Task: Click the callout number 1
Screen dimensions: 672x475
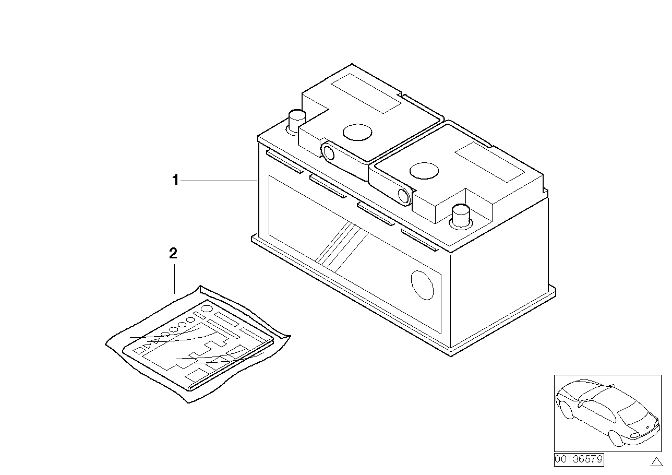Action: pyautogui.click(x=175, y=180)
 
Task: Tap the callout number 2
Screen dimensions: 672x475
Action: pyautogui.click(x=173, y=254)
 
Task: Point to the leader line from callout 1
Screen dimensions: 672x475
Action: pyautogui.click(x=219, y=181)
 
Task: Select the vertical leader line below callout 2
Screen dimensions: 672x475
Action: pyautogui.click(x=174, y=279)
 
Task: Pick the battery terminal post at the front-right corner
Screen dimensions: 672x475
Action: pyautogui.click(x=461, y=217)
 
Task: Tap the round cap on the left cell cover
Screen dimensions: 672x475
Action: pyautogui.click(x=357, y=132)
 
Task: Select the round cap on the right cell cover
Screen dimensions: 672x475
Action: pyautogui.click(x=424, y=171)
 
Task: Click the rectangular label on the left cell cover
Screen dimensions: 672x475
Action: pyautogui.click(x=366, y=93)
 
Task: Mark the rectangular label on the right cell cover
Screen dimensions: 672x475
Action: pyautogui.click(x=489, y=162)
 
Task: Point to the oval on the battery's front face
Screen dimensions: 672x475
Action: pyautogui.click(x=422, y=285)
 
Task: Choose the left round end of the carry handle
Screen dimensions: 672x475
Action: pyautogui.click(x=328, y=153)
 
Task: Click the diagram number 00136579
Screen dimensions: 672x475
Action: pyautogui.click(x=579, y=459)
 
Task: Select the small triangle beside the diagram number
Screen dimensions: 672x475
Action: pyautogui.click(x=656, y=461)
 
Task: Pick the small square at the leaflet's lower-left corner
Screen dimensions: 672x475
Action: pyautogui.click(x=139, y=350)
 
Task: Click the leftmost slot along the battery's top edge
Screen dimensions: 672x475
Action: pyautogui.click(x=284, y=162)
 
